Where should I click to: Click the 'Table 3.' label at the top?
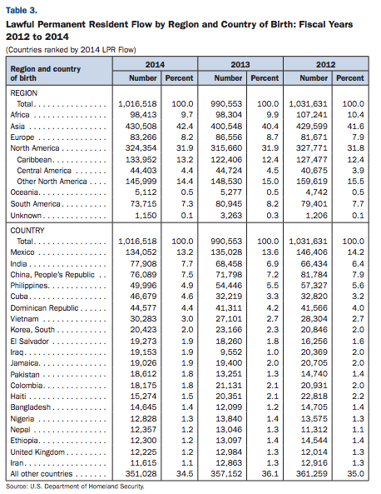pos(22,10)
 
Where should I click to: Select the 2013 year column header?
pos(240,65)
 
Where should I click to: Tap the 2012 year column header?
pos(325,65)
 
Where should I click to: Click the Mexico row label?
pos(22,252)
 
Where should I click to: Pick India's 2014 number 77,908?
pos(143,264)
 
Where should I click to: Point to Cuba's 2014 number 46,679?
pos(143,297)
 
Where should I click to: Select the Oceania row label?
pos(24,192)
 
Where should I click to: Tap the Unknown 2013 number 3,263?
pos(231,216)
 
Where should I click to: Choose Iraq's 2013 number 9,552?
pos(231,352)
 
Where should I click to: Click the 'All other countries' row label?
pos(42,474)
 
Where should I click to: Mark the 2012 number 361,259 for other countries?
pos(312,474)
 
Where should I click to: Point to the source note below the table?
pos(75,487)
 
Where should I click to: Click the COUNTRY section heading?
pos(27,231)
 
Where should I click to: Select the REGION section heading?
pos(24,93)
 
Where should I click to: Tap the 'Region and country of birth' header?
pos(45,73)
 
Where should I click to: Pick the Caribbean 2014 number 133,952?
pos(141,160)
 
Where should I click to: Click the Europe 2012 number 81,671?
pos(314,137)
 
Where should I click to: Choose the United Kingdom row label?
pos(37,452)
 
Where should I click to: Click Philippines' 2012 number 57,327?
pos(314,286)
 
